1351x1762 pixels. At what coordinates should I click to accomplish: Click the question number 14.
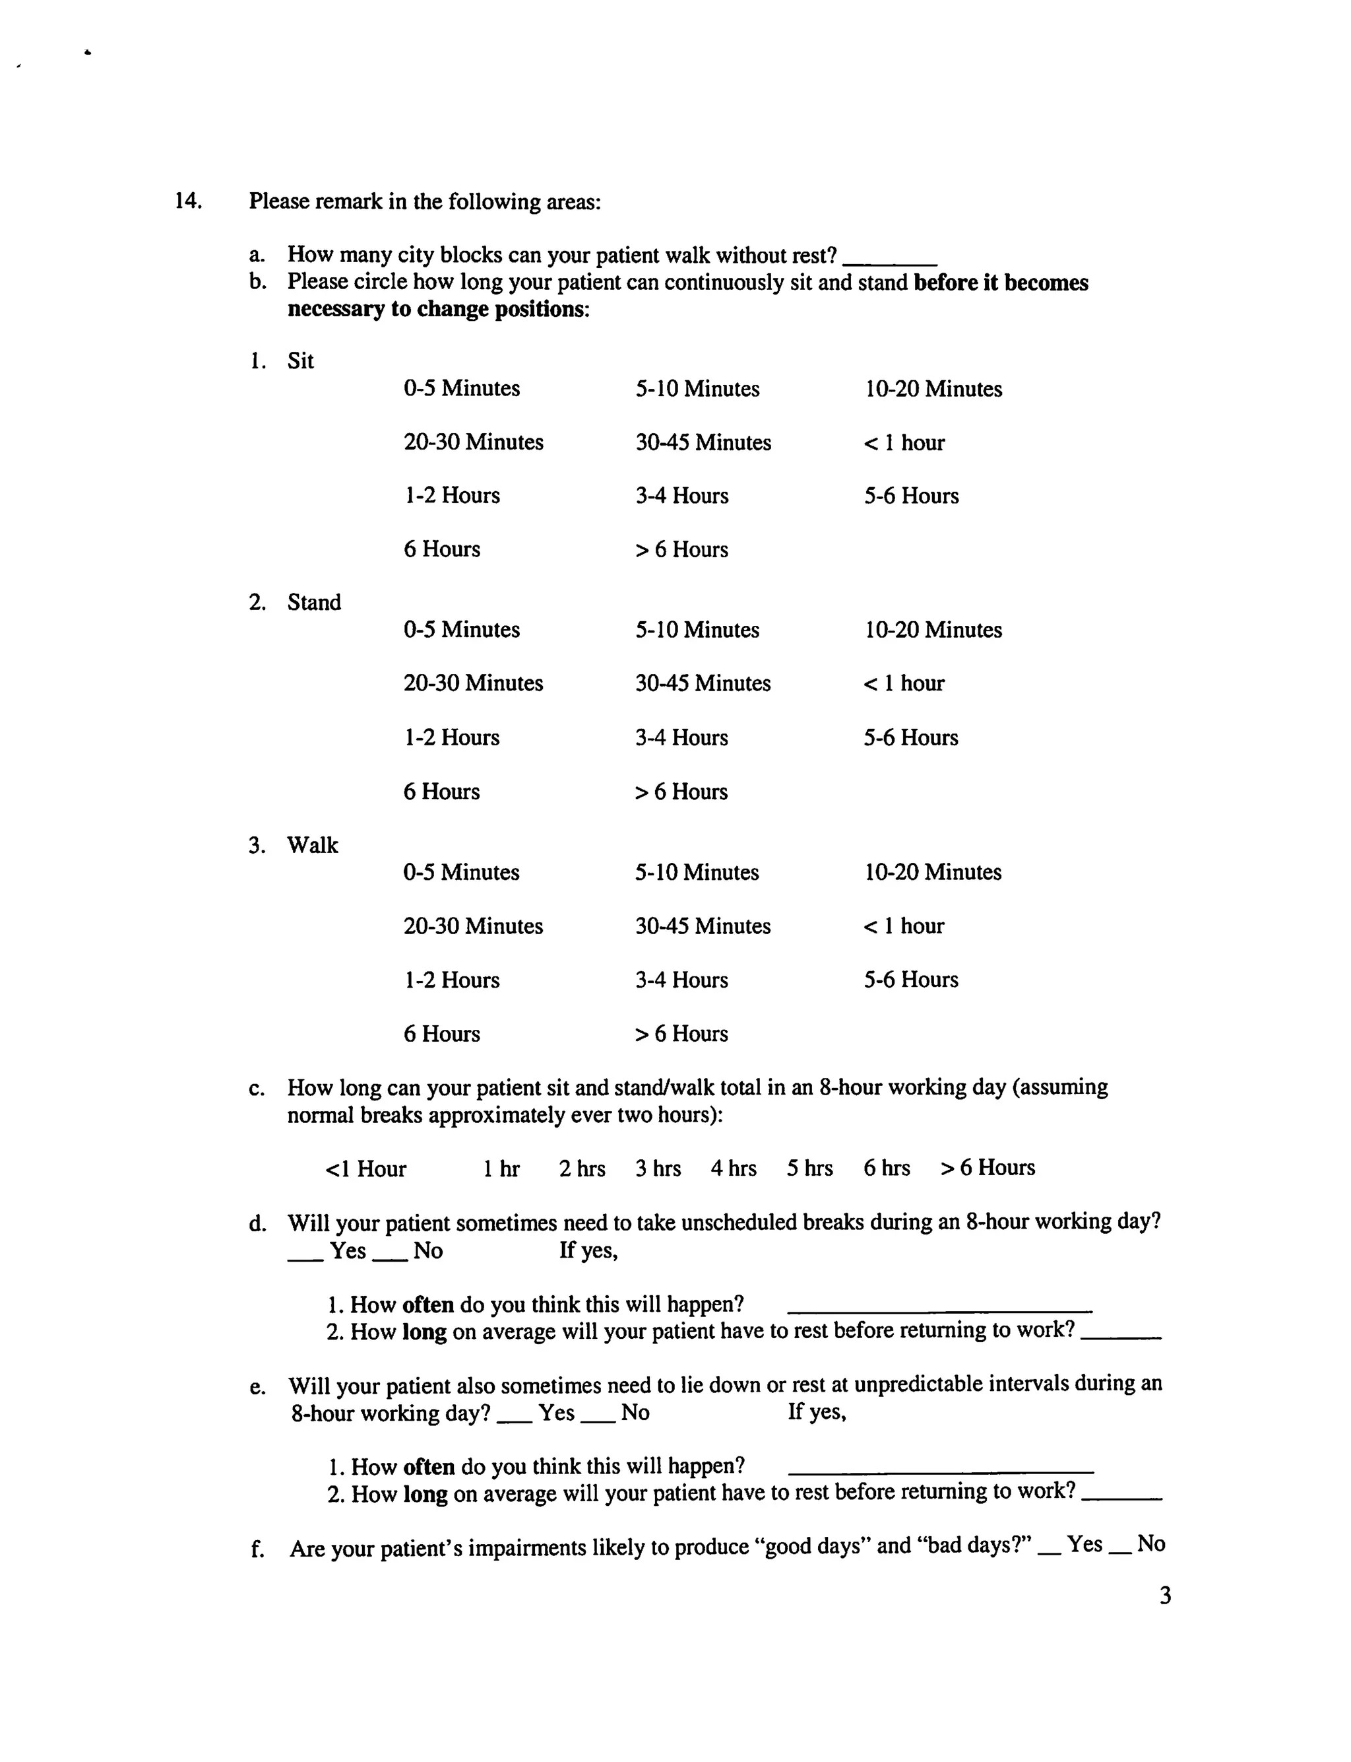pyautogui.click(x=187, y=200)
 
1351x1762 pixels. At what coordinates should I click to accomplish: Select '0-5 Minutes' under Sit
pyautogui.click(x=462, y=389)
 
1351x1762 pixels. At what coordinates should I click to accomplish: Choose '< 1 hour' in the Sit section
pyautogui.click(x=904, y=442)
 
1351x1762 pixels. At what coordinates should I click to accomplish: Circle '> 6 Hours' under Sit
pyautogui.click(x=681, y=549)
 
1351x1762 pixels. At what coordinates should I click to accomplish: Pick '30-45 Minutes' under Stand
pyautogui.click(x=703, y=683)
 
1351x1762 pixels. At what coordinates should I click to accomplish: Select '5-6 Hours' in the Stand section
pyautogui.click(x=911, y=738)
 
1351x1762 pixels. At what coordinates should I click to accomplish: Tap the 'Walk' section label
pyautogui.click(x=313, y=846)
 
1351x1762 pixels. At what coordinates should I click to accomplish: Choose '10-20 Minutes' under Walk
pyautogui.click(x=933, y=872)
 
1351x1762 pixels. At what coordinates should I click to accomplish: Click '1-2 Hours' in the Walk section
pyautogui.click(x=451, y=980)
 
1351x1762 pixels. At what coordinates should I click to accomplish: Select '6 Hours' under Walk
pyautogui.click(x=441, y=1034)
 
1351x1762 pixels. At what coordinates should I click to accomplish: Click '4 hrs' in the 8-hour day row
pyautogui.click(x=734, y=1169)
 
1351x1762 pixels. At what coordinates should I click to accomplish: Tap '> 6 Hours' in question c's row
pyautogui.click(x=988, y=1167)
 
